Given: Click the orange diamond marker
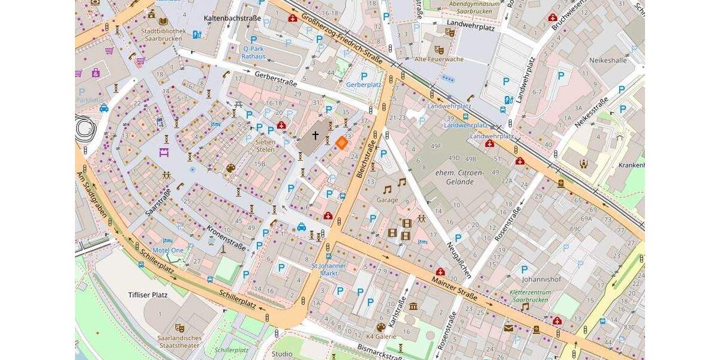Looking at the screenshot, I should point(341,142).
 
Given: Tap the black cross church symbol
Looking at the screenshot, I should point(315,136).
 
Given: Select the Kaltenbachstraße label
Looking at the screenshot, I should point(232,19).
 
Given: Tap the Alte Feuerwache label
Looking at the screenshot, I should point(439,59).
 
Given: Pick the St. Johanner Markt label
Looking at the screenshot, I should point(329,269).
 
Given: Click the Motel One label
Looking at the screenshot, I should point(168,250).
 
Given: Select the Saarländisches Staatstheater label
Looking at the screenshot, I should point(179,341).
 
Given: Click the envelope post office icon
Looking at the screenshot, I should point(508,328).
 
